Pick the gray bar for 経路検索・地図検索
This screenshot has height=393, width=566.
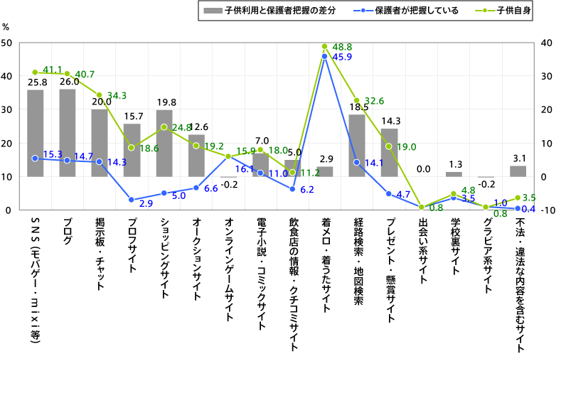pos(357,146)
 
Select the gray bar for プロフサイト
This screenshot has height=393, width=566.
pos(132,150)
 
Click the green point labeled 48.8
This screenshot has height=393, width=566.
pos(324,46)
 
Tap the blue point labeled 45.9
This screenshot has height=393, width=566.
pos(324,56)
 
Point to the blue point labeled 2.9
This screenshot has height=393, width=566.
pos(132,200)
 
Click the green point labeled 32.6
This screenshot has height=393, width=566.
pos(357,100)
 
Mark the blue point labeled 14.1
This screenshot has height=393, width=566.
pos(357,162)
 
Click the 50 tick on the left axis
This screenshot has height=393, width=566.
pos(8,43)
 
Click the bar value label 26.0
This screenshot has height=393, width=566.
pos(69,82)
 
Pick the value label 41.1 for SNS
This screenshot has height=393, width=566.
pos(54,70)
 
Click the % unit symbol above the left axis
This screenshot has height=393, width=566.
pos(6,28)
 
